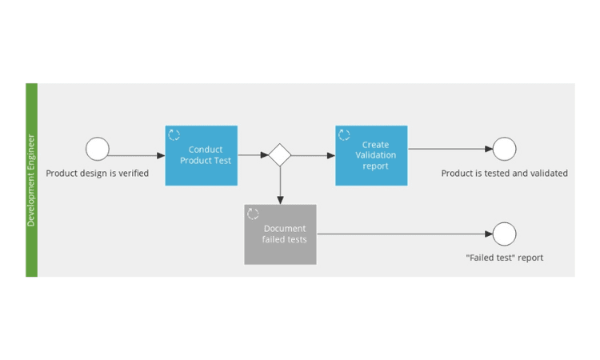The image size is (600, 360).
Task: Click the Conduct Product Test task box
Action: point(202,156)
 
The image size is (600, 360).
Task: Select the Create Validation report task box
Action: point(371,156)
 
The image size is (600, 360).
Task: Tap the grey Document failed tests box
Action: point(281,234)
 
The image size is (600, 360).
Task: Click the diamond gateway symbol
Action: point(280,155)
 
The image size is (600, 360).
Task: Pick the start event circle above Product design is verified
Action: point(98,149)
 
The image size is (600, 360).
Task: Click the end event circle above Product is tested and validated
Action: point(504,149)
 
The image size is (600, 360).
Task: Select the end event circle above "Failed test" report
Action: point(504,234)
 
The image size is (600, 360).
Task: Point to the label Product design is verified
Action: point(97,174)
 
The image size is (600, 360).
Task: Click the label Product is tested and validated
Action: point(504,174)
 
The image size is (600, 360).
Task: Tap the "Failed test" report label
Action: point(504,258)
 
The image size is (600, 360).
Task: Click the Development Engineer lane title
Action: point(31,180)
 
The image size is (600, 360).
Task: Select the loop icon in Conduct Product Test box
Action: point(174,134)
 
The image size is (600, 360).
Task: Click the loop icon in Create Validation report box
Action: point(344,134)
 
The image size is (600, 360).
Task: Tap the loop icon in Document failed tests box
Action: point(253,214)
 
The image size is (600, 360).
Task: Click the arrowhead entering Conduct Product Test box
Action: point(161,155)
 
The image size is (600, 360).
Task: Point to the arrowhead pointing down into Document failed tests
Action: point(281,200)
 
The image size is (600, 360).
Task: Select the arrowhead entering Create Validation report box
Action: point(331,155)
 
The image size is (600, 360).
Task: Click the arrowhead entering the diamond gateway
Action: point(265,155)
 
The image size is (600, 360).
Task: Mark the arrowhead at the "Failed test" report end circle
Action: point(489,234)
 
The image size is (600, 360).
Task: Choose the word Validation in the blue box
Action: point(376,155)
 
